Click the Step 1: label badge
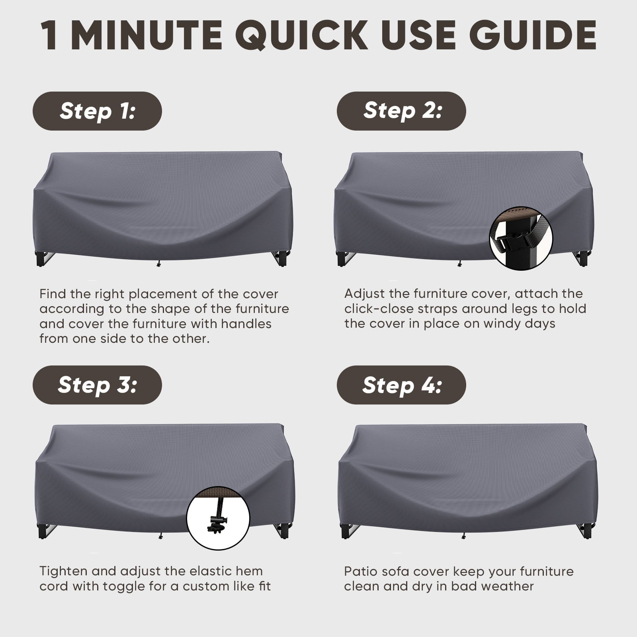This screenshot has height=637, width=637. pyautogui.click(x=97, y=111)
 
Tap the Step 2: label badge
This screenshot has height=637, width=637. pyautogui.click(x=401, y=111)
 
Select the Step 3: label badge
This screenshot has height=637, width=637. pyautogui.click(x=97, y=385)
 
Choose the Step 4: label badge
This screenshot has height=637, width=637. pyautogui.click(x=401, y=385)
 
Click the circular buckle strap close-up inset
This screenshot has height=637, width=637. pyautogui.click(x=521, y=238)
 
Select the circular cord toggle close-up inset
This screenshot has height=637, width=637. pyautogui.click(x=218, y=519)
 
